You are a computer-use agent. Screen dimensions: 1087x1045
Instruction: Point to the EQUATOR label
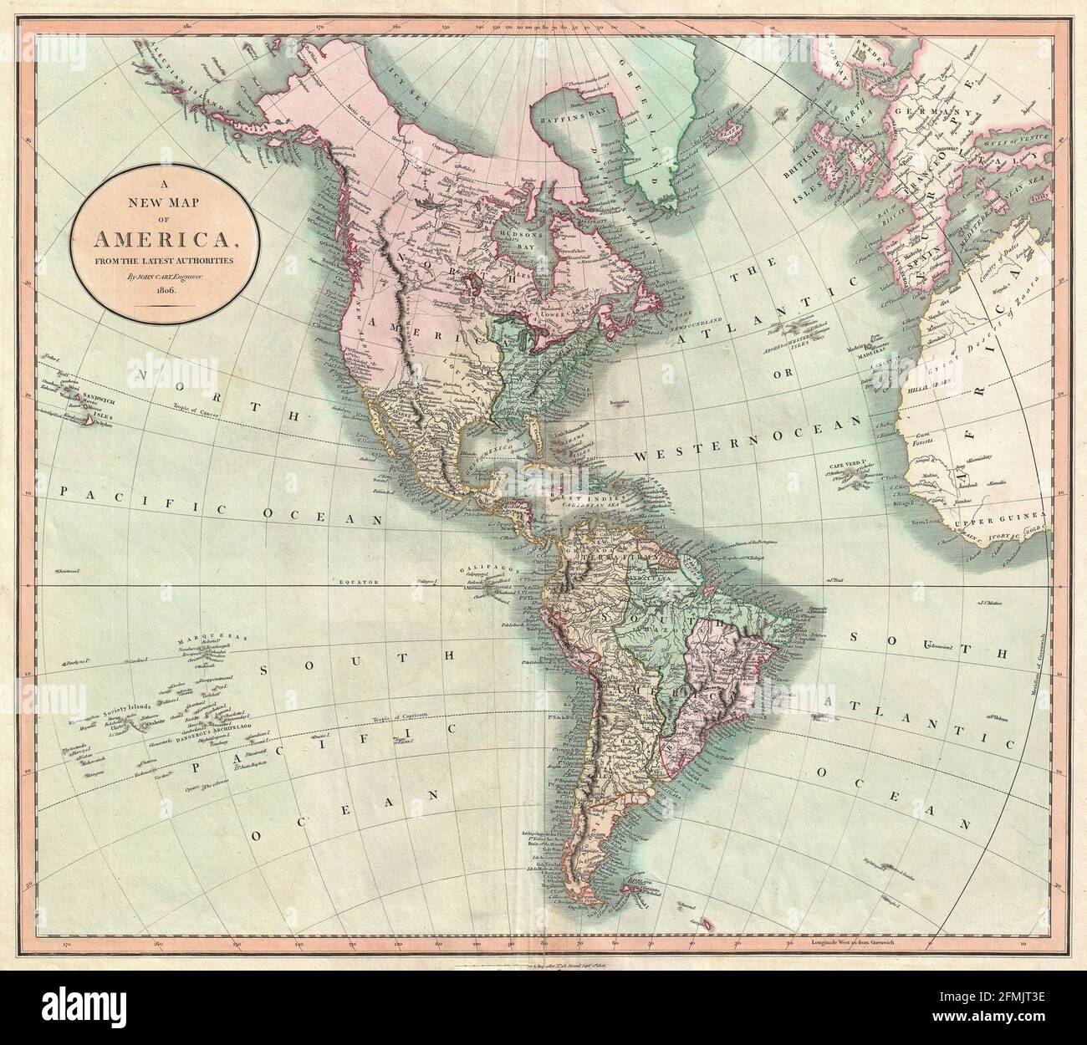click(360, 579)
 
